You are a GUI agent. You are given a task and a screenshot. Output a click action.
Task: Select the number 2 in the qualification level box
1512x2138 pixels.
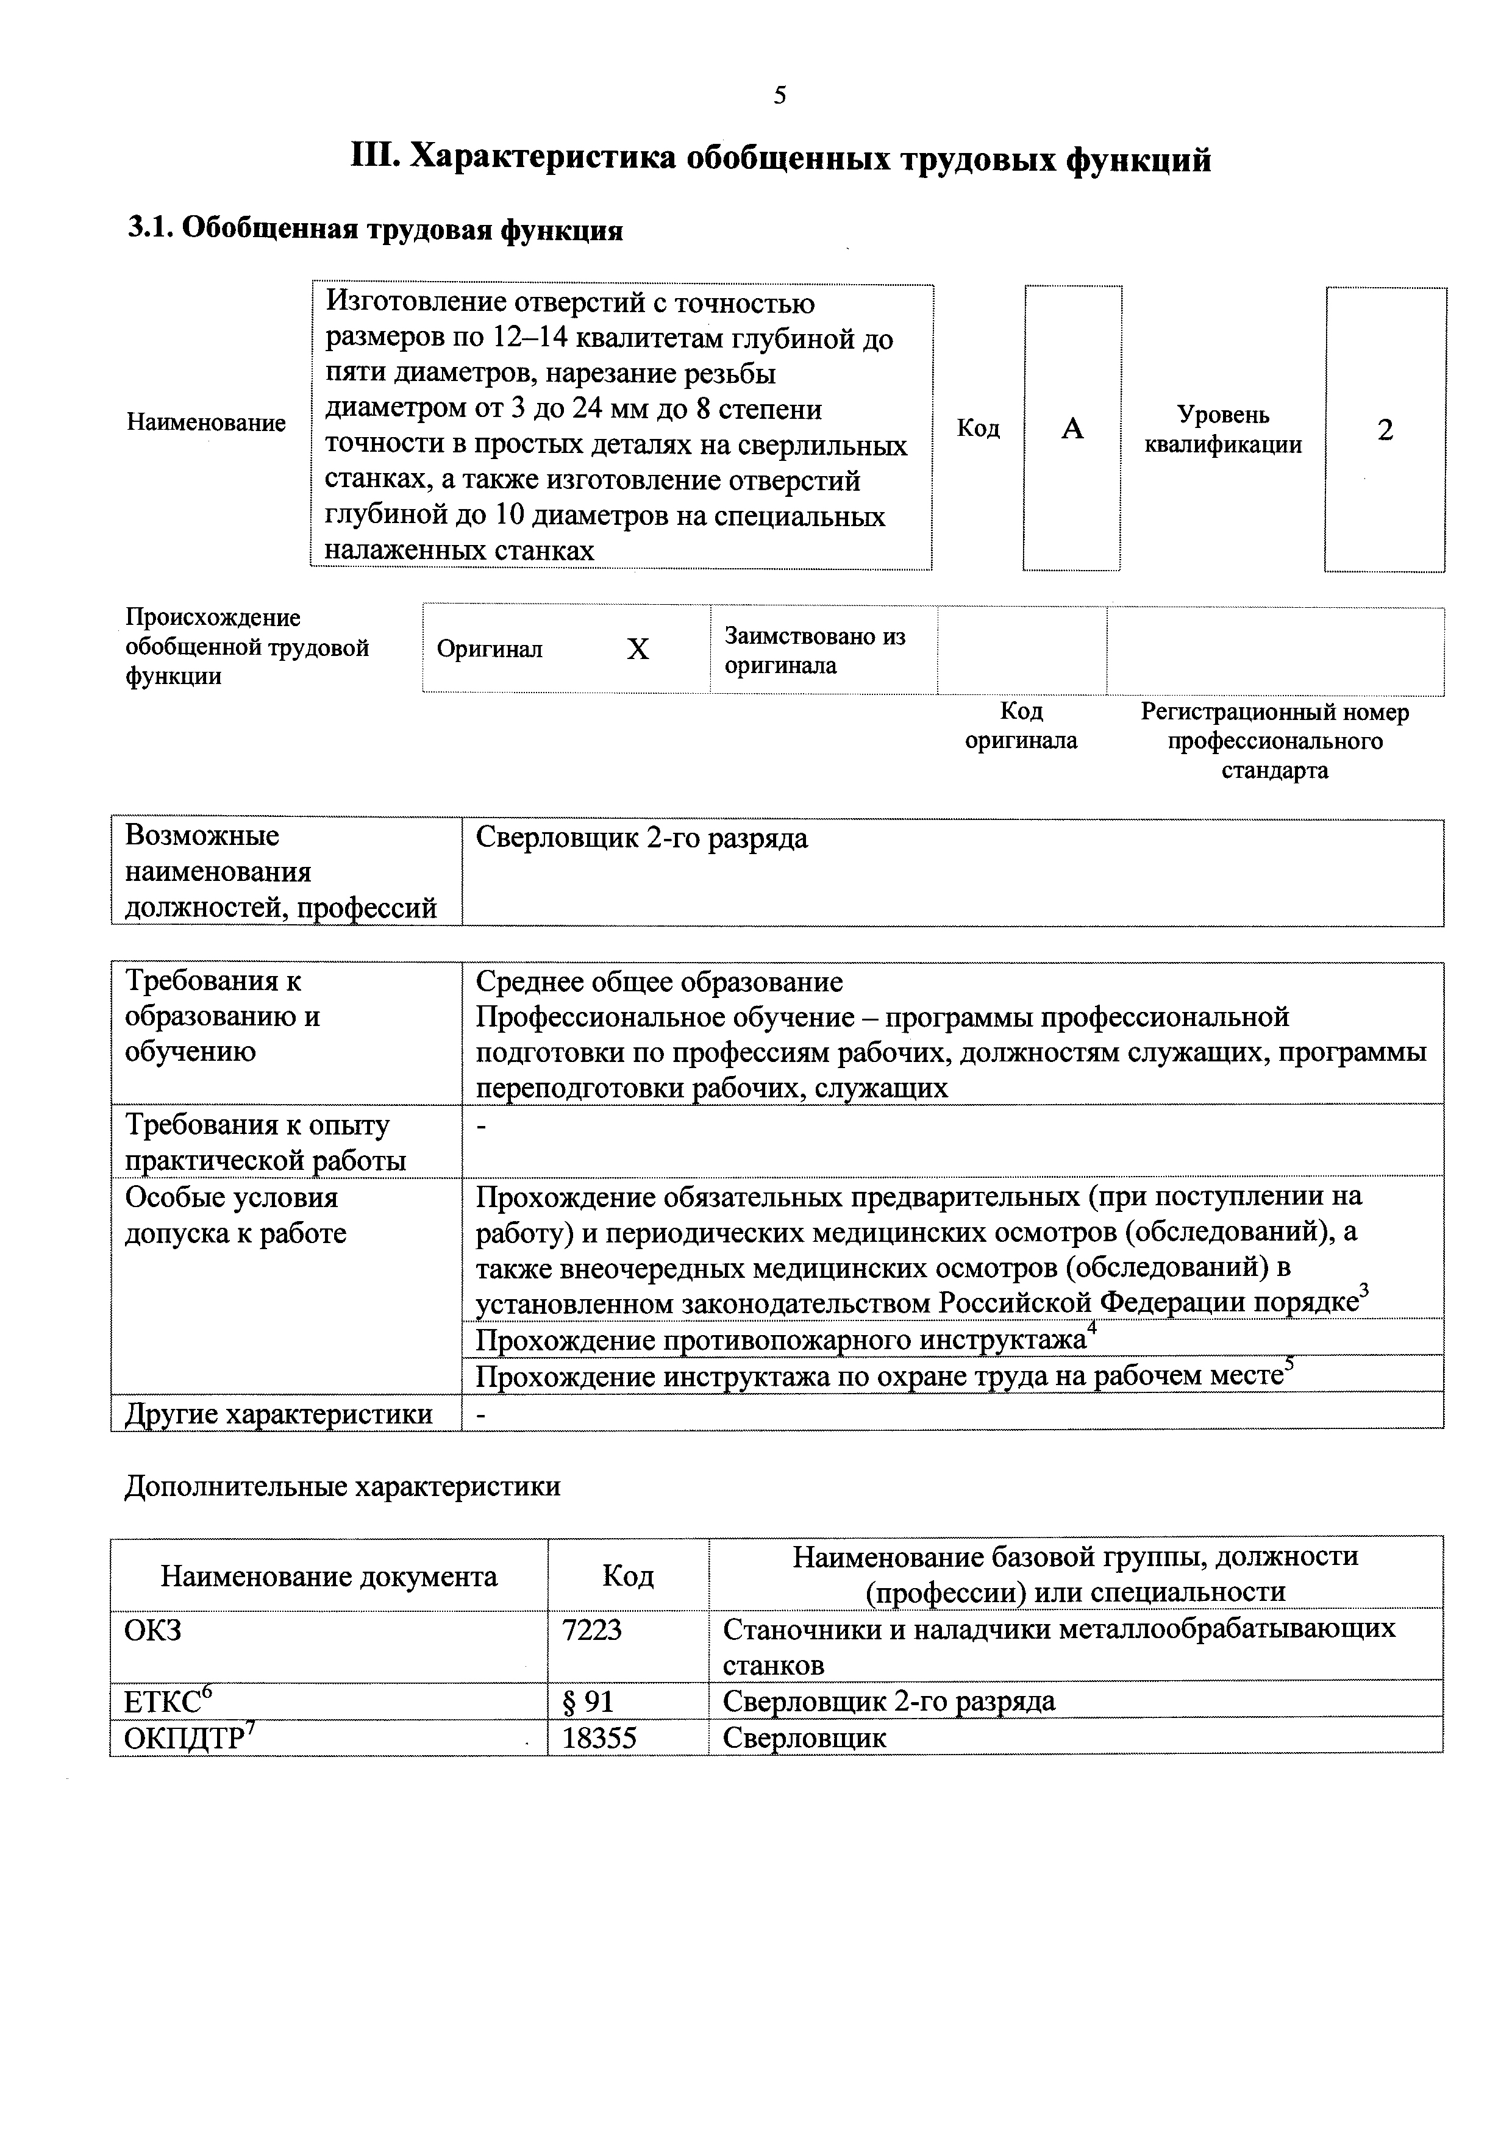pyautogui.click(x=1385, y=430)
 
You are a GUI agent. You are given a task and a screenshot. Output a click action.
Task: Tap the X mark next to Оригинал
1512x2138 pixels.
pyautogui.click(x=637, y=649)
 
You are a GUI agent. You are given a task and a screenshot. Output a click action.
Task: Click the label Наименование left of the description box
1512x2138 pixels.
pyautogui.click(x=205, y=422)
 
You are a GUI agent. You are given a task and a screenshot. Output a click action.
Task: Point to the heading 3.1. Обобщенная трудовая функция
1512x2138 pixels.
pyautogui.click(x=375, y=229)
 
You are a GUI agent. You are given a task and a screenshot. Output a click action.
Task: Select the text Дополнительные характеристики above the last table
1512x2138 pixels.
pyautogui.click(x=343, y=1486)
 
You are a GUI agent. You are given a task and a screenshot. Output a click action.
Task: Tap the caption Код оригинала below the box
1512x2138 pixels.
pyautogui.click(x=1021, y=725)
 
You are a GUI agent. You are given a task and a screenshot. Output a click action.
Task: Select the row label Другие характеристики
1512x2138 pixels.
pyautogui.click(x=279, y=1414)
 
